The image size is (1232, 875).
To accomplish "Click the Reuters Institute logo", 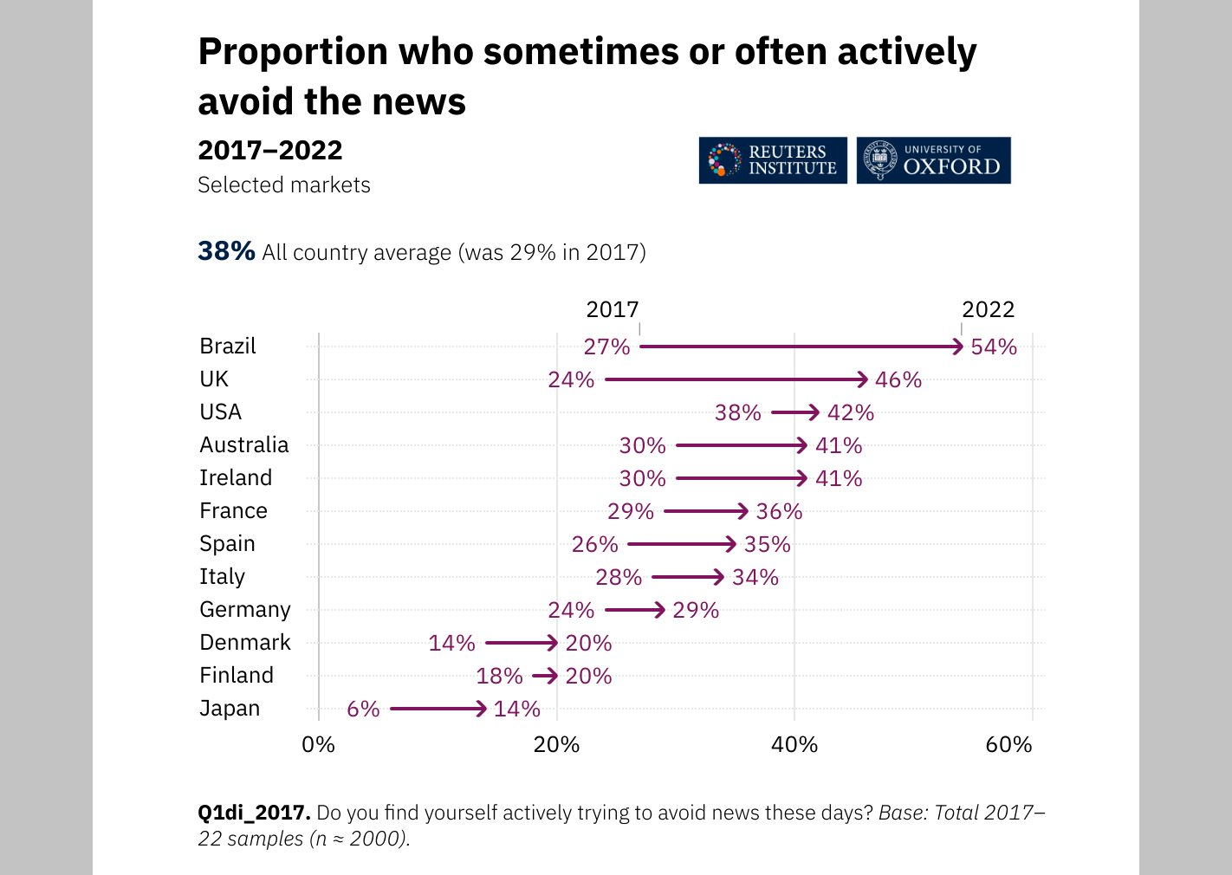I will [773, 160].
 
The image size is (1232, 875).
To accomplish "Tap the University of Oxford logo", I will [933, 160].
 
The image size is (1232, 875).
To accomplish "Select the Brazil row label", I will [228, 347].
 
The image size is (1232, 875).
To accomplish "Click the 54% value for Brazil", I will [994, 347].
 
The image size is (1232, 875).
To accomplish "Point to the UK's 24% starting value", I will [571, 380].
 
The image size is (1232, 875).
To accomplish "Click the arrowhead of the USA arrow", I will [813, 412].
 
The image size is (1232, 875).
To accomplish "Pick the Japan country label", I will [230, 709].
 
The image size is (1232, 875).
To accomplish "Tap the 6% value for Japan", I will [363, 710].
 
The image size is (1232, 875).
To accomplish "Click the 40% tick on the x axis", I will [794, 745].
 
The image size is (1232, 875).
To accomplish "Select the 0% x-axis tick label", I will [318, 745].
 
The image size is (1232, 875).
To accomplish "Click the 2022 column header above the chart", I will [988, 309].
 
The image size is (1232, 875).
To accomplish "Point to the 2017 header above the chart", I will [612, 309].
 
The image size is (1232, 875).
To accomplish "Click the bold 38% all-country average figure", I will [226, 251].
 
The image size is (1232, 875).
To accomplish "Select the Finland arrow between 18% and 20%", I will [545, 676].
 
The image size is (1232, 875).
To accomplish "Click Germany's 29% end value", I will [696, 611].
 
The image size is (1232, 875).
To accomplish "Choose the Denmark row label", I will [245, 643].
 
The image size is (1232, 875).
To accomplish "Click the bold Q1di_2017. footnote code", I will [254, 813].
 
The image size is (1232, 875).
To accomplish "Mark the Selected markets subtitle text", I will [284, 185].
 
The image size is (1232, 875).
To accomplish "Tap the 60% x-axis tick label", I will [1008, 745].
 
